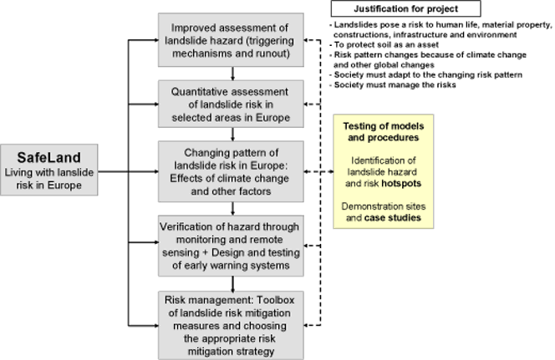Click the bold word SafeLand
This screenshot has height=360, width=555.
click(x=48, y=157)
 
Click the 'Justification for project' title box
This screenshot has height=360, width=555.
click(x=405, y=9)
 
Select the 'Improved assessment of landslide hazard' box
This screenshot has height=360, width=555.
click(x=231, y=40)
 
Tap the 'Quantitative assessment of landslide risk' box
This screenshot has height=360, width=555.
click(x=231, y=104)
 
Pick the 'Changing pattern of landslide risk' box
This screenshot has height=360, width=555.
click(x=231, y=171)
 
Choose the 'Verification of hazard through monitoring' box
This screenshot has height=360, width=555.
click(x=231, y=246)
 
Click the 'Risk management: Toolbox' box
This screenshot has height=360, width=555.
click(x=231, y=326)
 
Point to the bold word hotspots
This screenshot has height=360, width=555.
click(x=401, y=184)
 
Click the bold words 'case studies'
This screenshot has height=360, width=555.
click(x=393, y=217)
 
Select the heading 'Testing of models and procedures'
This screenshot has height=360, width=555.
click(x=384, y=131)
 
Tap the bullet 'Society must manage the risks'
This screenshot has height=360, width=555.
click(x=393, y=85)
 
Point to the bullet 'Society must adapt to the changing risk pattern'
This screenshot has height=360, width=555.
click(x=425, y=75)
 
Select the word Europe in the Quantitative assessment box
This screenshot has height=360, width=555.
click(x=272, y=118)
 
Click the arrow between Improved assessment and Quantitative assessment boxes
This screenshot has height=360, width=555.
click(x=232, y=74)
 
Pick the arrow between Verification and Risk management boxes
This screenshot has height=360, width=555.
click(x=232, y=284)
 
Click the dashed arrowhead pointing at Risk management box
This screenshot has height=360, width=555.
click(x=307, y=326)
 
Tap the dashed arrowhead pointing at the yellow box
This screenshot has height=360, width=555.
click(x=331, y=171)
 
